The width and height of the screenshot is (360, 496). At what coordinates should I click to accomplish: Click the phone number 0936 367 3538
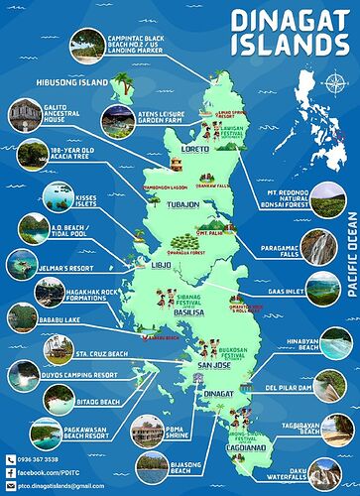tap(44, 459)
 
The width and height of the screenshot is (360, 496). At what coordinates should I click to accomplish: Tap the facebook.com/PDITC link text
tap(50, 473)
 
